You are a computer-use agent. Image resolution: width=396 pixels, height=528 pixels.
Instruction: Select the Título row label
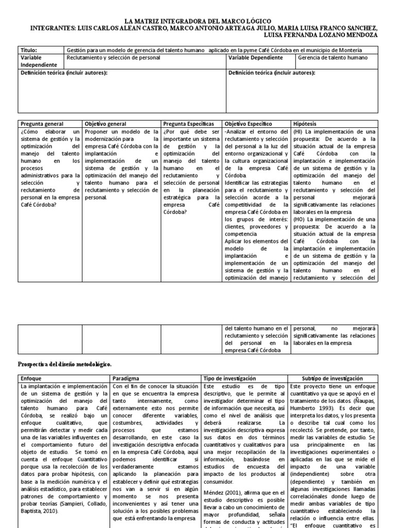tap(29, 50)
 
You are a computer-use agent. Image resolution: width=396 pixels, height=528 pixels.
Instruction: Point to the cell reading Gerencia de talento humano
tap(333, 58)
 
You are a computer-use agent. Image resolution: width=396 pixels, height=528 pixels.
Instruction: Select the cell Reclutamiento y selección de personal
tap(113, 58)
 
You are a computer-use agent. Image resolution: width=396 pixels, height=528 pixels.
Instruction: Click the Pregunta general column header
tap(42, 124)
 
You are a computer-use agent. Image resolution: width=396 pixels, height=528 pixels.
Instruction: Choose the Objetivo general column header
tap(105, 124)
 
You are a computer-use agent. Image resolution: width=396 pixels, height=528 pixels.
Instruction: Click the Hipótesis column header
tap(306, 124)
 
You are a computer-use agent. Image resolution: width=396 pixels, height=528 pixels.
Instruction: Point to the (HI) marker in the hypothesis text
tap(299, 132)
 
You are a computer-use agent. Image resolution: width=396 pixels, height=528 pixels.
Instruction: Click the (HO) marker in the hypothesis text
tap(299, 219)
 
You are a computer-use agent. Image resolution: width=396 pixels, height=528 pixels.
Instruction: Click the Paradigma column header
tap(126, 378)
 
